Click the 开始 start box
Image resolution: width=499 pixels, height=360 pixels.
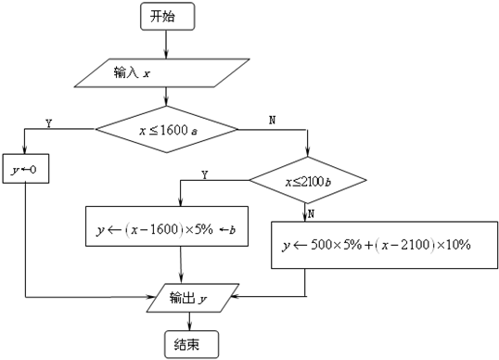click(166, 16)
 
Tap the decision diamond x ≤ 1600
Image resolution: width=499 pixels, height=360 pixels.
click(168, 131)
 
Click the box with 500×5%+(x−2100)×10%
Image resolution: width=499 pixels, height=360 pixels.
click(381, 244)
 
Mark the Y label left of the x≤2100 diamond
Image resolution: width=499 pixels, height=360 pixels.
click(204, 174)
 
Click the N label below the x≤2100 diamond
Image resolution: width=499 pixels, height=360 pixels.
click(313, 212)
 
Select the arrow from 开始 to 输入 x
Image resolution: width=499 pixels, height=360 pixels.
click(166, 43)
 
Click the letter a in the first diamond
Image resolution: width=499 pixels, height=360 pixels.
click(195, 132)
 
